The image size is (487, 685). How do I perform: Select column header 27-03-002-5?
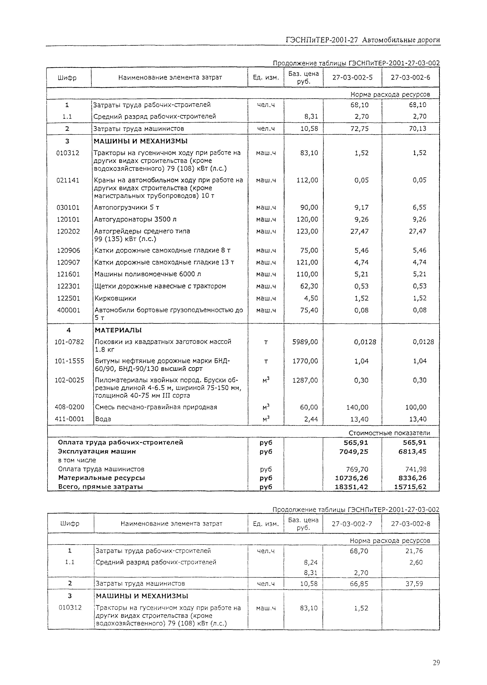pos(352,78)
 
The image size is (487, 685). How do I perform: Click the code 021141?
pos(68,180)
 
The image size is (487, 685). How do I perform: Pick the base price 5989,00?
pos(305,342)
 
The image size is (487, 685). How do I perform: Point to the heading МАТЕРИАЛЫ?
pos(118,330)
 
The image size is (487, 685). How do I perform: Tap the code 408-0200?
pos(69,407)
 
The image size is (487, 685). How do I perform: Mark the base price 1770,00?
pos(305,361)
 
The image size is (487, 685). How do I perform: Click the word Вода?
pos(103,419)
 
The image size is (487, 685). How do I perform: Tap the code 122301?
pos(68,286)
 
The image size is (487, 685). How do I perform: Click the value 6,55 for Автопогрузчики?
pos(419,208)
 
